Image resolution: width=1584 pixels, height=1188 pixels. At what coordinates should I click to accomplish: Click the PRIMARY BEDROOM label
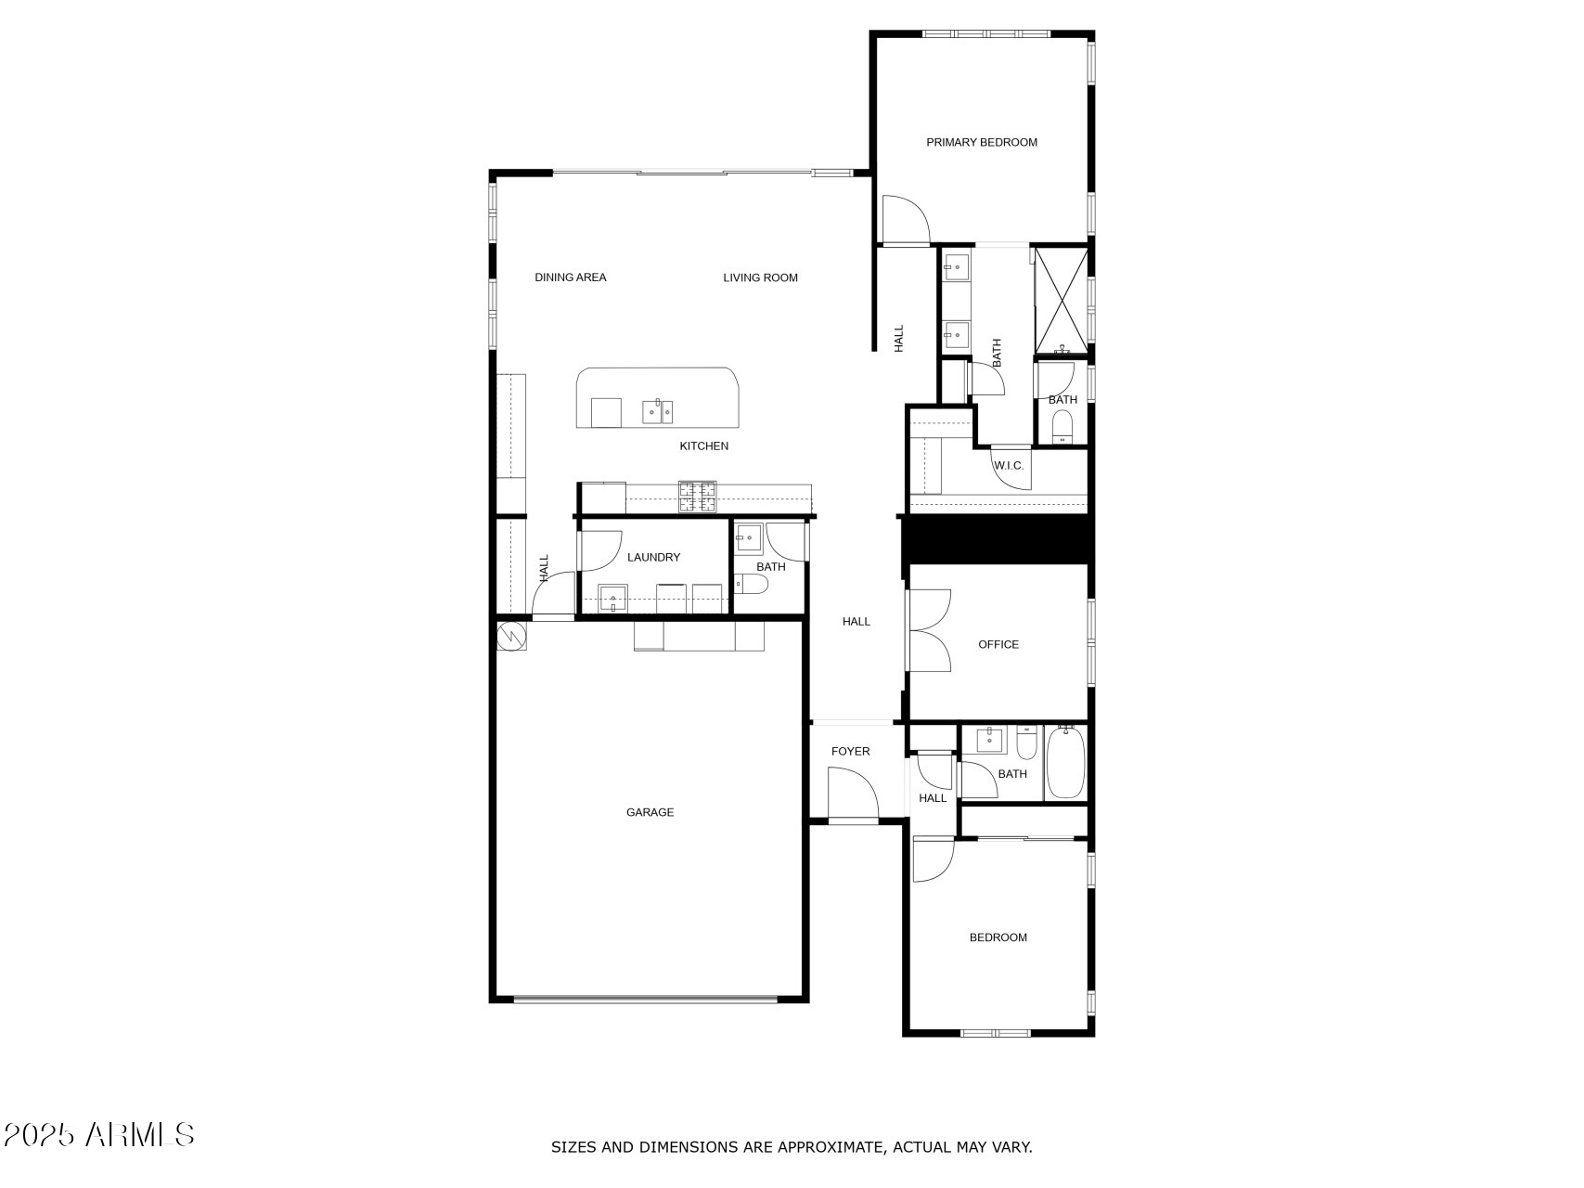[981, 142]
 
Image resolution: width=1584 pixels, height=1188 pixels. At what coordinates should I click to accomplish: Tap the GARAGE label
[650, 812]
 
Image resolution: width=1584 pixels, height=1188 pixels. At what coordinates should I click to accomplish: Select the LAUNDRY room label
[653, 557]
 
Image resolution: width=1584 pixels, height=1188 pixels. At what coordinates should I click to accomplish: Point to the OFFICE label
[998, 644]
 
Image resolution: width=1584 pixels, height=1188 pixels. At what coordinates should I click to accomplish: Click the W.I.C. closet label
[1009, 465]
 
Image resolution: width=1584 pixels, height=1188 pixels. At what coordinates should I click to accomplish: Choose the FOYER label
[850, 751]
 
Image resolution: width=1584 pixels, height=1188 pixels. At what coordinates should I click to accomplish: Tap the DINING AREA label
[570, 278]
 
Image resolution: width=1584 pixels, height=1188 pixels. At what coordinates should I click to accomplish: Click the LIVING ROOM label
[760, 278]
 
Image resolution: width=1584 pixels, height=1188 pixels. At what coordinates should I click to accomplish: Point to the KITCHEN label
[703, 446]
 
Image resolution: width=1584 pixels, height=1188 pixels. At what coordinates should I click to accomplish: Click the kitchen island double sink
[658, 410]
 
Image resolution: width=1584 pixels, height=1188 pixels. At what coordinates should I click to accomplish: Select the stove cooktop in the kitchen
[698, 497]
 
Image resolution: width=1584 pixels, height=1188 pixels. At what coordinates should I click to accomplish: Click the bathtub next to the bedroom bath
[1065, 763]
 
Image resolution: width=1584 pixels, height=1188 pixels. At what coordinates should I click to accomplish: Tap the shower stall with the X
[1062, 300]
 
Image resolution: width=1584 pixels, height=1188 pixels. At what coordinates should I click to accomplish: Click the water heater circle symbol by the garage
[511, 635]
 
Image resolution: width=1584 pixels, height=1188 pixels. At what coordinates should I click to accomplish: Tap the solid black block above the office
[998, 539]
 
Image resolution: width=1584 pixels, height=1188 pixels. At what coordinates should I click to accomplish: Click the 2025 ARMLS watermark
[98, 1134]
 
